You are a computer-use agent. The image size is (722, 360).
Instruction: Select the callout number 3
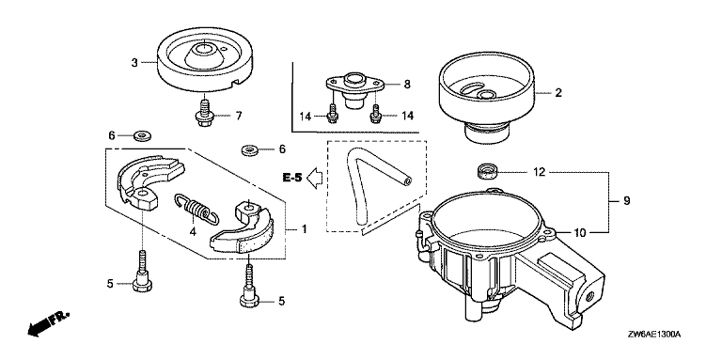click(x=134, y=63)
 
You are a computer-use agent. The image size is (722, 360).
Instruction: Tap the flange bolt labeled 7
click(x=202, y=113)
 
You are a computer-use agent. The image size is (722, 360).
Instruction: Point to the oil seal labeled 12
click(x=486, y=172)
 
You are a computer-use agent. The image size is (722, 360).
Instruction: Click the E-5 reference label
click(x=292, y=177)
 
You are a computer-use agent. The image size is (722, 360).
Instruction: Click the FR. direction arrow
click(x=48, y=321)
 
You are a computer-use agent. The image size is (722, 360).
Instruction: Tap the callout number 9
click(x=626, y=201)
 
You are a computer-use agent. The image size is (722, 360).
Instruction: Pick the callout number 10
click(x=580, y=233)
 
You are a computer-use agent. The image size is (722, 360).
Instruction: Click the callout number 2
click(x=558, y=92)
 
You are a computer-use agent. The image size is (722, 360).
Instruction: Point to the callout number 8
click(x=406, y=85)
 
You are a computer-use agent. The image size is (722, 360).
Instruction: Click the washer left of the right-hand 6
click(x=249, y=150)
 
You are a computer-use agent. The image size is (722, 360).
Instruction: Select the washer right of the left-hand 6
click(x=143, y=136)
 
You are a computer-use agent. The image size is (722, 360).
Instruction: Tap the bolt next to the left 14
click(x=331, y=113)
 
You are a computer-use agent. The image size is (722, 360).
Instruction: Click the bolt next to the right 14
click(x=376, y=114)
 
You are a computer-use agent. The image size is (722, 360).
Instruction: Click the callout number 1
click(x=304, y=228)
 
